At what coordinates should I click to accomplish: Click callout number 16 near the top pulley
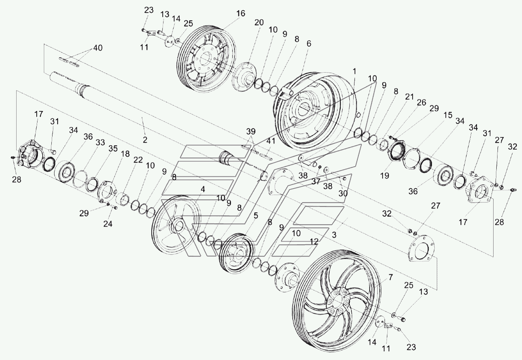(241, 13)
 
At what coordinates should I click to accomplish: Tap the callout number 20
(259, 22)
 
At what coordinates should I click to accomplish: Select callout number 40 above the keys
(98, 48)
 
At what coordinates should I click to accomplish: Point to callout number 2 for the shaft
(145, 140)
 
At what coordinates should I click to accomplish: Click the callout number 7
(391, 277)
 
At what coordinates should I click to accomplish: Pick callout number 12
(314, 242)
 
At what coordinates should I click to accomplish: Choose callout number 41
(270, 141)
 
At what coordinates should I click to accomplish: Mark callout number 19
(385, 176)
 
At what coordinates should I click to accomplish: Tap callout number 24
(108, 224)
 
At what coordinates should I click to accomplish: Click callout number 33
(100, 142)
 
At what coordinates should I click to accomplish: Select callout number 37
(316, 181)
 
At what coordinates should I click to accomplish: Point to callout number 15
(448, 115)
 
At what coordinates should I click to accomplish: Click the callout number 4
(203, 189)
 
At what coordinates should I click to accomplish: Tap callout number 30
(343, 193)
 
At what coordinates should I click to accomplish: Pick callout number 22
(138, 160)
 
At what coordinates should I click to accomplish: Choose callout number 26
(421, 103)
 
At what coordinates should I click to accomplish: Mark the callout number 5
(256, 216)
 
